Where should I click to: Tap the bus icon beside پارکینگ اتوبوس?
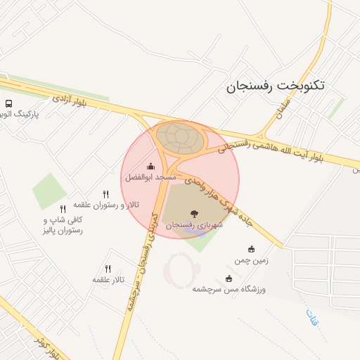pos(8,103)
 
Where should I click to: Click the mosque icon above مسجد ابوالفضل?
pos(150,167)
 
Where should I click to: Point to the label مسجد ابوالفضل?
pos(150,178)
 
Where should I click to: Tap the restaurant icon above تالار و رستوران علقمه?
pos(106,193)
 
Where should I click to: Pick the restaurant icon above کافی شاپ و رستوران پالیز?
pos(63,209)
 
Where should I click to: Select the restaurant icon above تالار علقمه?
pos(108,268)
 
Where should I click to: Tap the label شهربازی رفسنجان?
pos(194,225)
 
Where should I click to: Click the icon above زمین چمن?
pos(252,248)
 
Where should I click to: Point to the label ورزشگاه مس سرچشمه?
pos(229,289)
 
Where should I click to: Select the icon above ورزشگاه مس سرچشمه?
pos(229,278)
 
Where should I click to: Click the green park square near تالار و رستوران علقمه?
pos(49,191)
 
